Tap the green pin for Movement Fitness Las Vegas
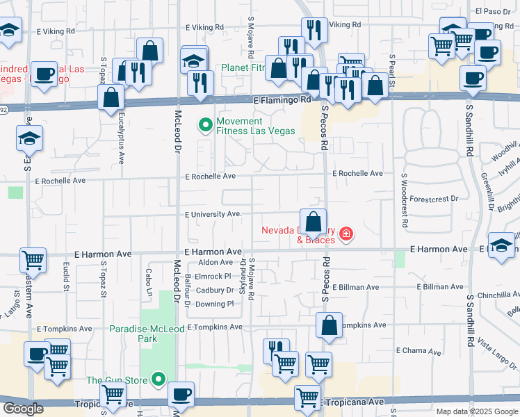[x=205, y=126]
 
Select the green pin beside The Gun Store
[x=159, y=379]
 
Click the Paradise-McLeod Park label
[x=143, y=334]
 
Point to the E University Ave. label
[x=213, y=214]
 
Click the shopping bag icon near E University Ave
[x=314, y=222]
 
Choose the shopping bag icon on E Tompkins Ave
[x=330, y=325]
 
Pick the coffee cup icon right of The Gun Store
[x=181, y=394]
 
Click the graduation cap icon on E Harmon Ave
[x=501, y=245]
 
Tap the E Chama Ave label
[x=419, y=351]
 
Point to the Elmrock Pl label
[x=213, y=276]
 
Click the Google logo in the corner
[x=23, y=409]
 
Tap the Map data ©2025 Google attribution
[x=476, y=411]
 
